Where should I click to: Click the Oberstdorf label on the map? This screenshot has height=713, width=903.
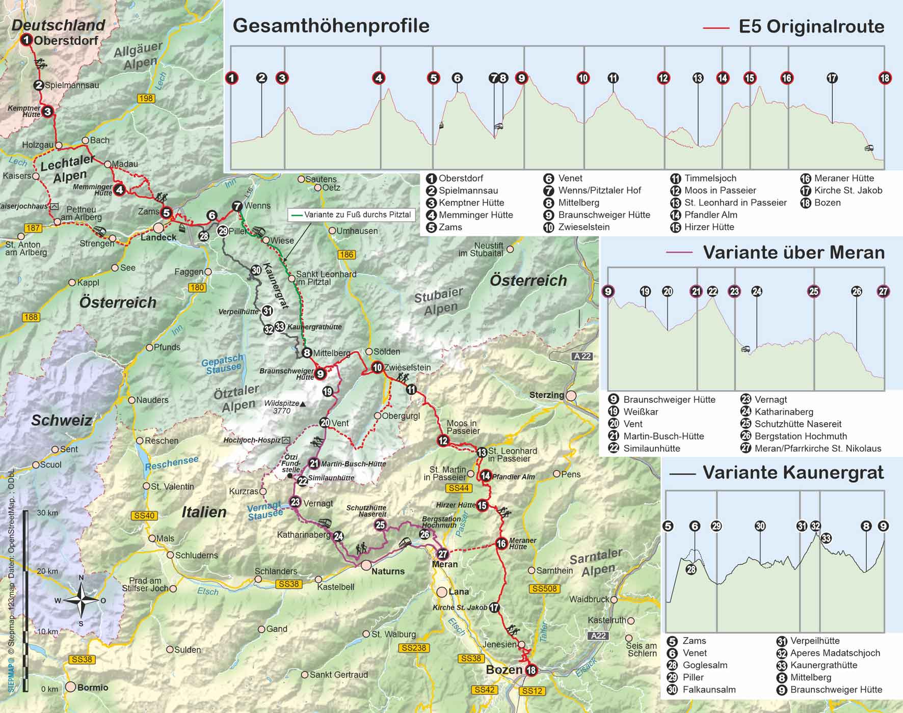66,40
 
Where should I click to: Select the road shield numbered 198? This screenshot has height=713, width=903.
146,98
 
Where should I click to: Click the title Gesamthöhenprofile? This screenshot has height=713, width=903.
331,25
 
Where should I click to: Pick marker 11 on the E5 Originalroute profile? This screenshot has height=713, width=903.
613,78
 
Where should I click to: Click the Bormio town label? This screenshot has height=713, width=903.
92,687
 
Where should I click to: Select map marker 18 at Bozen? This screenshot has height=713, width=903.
532,670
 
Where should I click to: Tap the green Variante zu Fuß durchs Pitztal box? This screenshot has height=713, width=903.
351,215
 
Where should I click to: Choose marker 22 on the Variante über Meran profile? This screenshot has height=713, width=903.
712,291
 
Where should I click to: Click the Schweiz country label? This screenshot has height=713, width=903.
62,420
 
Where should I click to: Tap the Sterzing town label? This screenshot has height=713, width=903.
546,395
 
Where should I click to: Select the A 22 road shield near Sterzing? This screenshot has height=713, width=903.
582,356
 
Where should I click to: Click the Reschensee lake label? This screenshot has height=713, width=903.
172,463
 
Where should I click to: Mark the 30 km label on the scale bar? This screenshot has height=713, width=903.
47,513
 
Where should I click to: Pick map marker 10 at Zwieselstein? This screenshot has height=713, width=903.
377,367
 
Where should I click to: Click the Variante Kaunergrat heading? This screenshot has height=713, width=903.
793,472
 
